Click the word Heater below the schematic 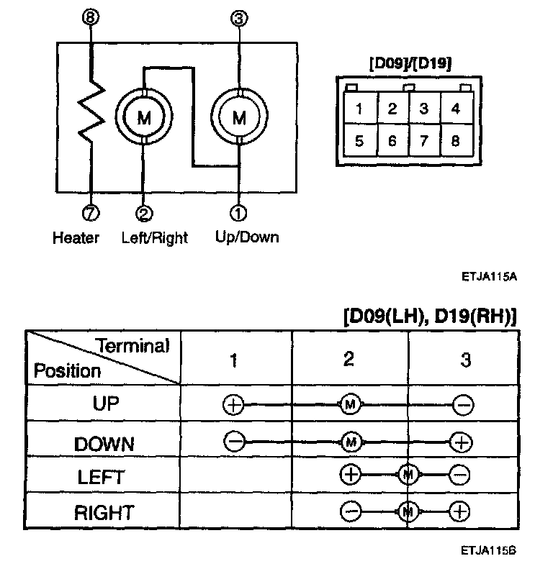[76, 237]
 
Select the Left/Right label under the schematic [153, 237]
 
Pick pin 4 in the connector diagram [455, 109]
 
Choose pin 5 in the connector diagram [358, 141]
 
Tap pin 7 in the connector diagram [423, 141]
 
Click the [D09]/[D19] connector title [410, 64]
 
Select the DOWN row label [104, 443]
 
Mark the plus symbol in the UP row [233, 405]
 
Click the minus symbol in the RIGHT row [350, 511]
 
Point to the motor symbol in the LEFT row [408, 475]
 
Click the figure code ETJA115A [490, 275]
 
